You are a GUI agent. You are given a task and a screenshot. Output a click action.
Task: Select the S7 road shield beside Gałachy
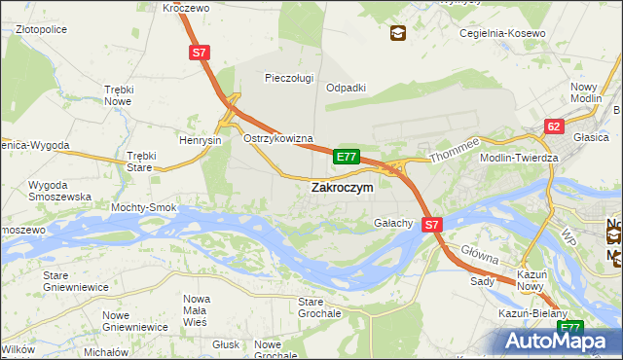[x=433, y=224]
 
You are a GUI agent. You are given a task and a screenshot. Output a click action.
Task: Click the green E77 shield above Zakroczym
[x=348, y=156]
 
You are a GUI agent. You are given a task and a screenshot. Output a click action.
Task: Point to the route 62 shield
[x=554, y=126]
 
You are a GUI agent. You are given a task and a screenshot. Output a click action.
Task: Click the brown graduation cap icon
[x=397, y=34]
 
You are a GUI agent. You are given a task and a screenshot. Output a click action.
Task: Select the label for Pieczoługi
[x=289, y=78]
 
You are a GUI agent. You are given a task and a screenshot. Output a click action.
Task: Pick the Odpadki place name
[x=346, y=87]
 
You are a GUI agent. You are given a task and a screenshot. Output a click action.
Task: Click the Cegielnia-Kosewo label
[x=502, y=34]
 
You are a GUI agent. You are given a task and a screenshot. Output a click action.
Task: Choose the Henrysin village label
[x=201, y=140]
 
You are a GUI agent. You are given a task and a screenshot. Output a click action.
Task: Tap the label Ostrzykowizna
[x=277, y=139]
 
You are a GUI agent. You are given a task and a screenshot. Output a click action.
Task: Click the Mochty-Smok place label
[x=143, y=208]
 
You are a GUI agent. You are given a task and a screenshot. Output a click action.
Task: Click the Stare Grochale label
[x=319, y=307]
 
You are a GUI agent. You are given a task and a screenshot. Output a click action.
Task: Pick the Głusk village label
[x=225, y=344]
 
